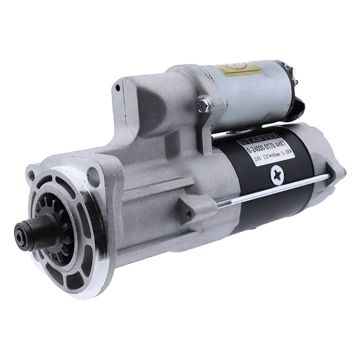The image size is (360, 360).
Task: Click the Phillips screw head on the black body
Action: point(277,175)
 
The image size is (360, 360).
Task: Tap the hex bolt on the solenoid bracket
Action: point(205,106)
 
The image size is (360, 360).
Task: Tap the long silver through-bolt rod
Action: point(279,189)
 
